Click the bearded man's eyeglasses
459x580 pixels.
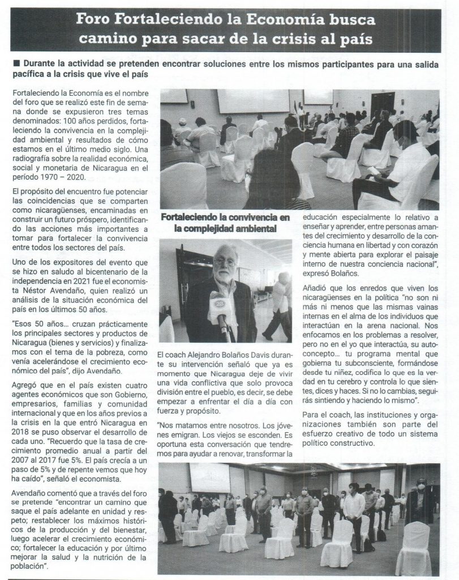pos(225,262)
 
